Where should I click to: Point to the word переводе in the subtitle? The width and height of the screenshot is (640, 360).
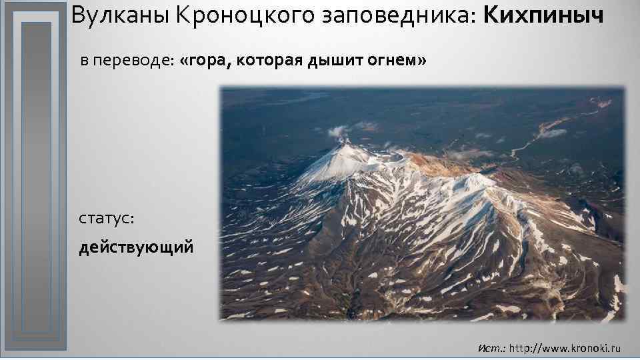(x=133, y=61)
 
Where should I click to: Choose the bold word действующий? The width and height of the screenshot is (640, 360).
(x=137, y=248)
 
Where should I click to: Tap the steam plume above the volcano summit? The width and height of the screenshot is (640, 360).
(x=341, y=131)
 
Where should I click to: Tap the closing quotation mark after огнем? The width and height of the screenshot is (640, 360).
(x=421, y=61)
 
